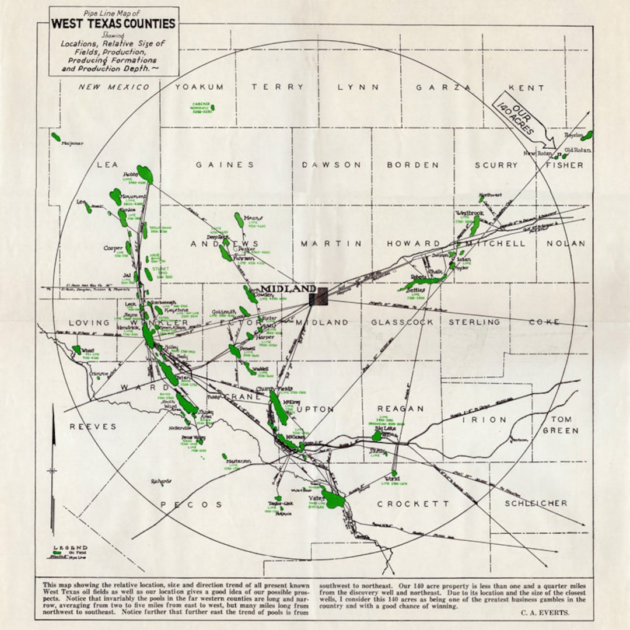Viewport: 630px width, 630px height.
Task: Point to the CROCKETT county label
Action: coord(413,503)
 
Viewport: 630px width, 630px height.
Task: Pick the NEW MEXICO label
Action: coord(114,87)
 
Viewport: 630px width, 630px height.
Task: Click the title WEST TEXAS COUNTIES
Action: coord(113,24)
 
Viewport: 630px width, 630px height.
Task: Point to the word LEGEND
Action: coord(70,548)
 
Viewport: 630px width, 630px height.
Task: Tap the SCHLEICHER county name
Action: coord(535,503)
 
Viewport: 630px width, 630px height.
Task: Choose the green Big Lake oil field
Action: coord(377,436)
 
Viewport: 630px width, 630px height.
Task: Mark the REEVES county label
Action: coord(93,426)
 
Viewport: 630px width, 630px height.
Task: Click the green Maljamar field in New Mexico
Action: coord(56,137)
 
